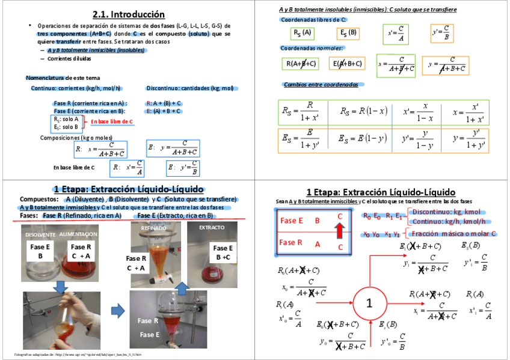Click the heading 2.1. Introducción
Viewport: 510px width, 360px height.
click(x=129, y=14)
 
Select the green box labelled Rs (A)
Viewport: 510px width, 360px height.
click(x=301, y=33)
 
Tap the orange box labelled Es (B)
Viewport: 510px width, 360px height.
click(x=348, y=33)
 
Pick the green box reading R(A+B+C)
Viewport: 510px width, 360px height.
click(x=302, y=64)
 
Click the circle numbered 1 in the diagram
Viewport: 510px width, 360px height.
click(x=369, y=304)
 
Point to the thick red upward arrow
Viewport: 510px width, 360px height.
click(x=340, y=230)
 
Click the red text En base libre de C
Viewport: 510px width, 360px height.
click(x=111, y=122)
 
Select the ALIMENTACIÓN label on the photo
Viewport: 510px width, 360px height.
click(x=78, y=234)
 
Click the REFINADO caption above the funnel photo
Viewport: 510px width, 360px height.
click(x=150, y=228)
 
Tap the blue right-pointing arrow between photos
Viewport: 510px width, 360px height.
click(x=118, y=311)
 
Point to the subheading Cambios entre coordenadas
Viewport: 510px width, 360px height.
click(x=321, y=85)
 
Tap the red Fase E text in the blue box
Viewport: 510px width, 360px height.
click(x=292, y=221)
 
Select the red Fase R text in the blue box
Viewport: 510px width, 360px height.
click(x=292, y=243)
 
